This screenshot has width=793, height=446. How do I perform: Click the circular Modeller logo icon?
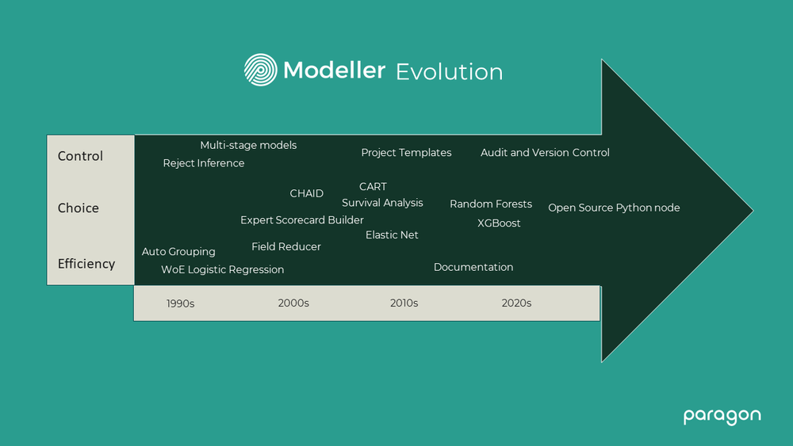260,70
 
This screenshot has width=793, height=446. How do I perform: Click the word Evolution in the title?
449,71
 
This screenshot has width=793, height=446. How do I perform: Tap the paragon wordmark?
722,416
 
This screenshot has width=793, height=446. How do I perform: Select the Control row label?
80,156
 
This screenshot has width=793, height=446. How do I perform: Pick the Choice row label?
78,208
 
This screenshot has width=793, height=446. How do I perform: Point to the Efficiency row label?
86,264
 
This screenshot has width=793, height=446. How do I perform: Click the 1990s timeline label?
180,303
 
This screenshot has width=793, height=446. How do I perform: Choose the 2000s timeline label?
293,303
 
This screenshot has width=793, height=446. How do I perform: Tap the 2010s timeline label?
404,303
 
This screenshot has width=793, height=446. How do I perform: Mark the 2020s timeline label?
516,303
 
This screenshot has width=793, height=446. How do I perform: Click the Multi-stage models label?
248,145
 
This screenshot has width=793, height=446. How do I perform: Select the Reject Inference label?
204,163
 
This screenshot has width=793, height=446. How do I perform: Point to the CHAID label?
306,193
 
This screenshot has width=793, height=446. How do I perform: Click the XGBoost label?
499,223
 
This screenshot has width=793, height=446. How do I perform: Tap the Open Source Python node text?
614,208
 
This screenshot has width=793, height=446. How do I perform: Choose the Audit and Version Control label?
545,153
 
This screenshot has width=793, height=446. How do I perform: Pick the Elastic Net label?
392,235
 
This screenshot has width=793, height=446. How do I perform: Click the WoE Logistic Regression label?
222,270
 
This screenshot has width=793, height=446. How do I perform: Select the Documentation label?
473,268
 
